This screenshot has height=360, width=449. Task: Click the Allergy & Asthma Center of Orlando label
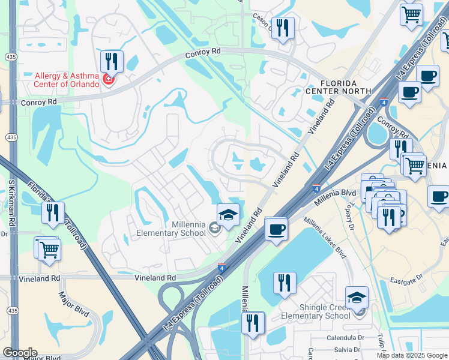coord(67,80)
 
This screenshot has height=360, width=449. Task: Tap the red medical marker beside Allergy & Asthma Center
coord(109,80)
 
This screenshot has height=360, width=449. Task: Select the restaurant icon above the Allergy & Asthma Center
coord(112,61)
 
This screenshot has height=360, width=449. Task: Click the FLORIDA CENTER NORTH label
coord(330,87)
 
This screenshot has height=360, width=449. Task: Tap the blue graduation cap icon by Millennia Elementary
coord(228,214)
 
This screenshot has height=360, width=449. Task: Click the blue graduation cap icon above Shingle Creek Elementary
coord(357,296)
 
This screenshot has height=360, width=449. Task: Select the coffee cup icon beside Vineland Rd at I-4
coord(276,228)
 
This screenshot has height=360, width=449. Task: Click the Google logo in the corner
coord(20,353)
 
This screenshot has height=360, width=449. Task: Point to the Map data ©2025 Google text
coord(411,355)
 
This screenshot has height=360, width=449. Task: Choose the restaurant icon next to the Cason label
coord(283,28)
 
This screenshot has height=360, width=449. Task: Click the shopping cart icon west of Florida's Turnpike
coord(48,248)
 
